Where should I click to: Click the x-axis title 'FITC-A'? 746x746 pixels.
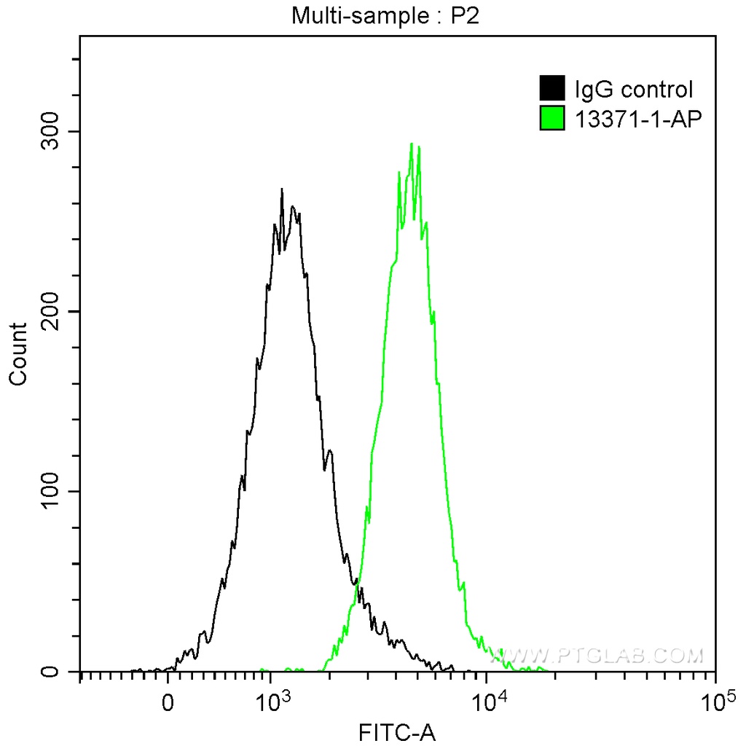pyautogui.click(x=397, y=731)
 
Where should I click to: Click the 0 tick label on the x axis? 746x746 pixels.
pyautogui.click(x=168, y=704)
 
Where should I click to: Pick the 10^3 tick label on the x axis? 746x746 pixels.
pyautogui.click(x=270, y=703)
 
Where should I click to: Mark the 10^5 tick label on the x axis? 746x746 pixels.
pyautogui.click(x=715, y=703)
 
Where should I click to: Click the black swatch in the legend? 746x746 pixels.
pyautogui.click(x=552, y=89)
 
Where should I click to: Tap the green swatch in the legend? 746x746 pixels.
pyautogui.click(x=552, y=117)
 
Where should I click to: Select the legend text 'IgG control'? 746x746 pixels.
pyautogui.click(x=633, y=90)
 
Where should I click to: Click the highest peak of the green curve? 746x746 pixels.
pyautogui.click(x=412, y=144)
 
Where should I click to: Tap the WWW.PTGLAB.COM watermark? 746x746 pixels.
pyautogui.click(x=597, y=656)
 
